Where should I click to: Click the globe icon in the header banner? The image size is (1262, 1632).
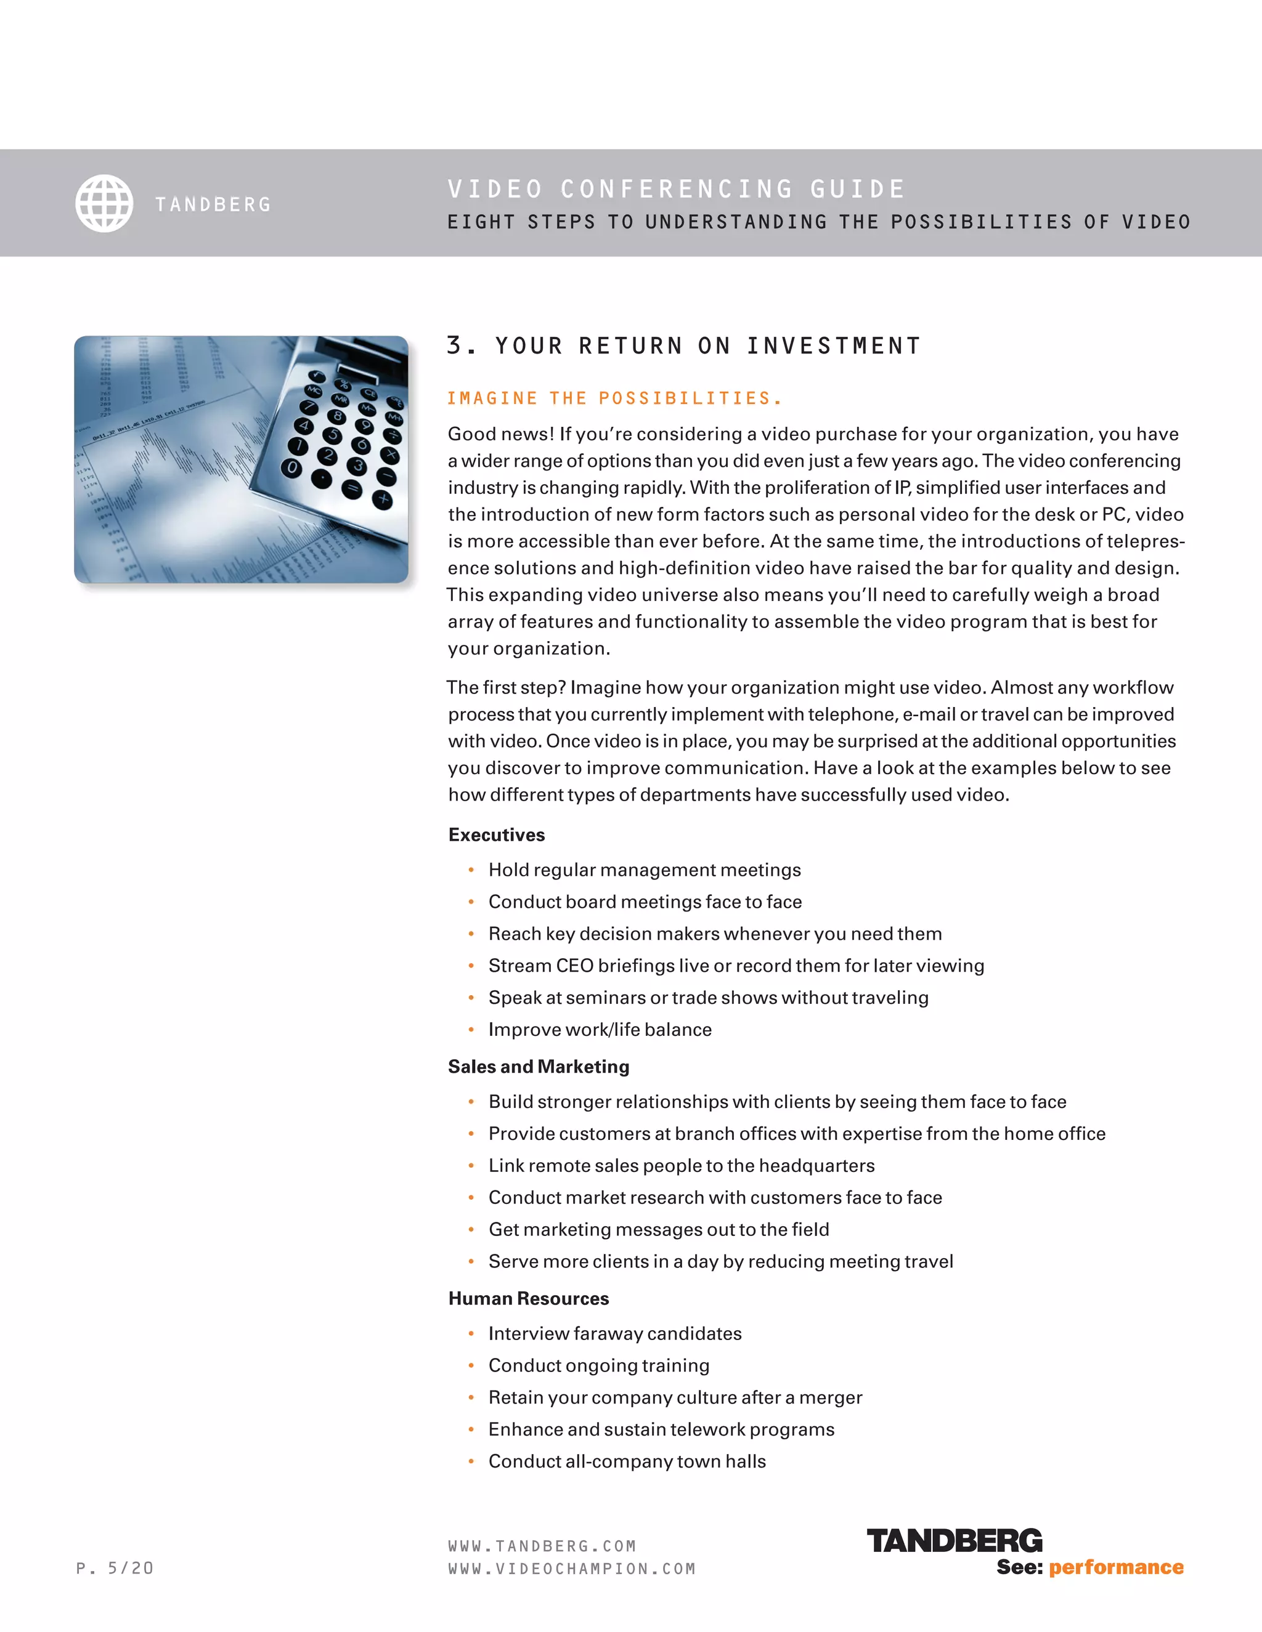[104, 203]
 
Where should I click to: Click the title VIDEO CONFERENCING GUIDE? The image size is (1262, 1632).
[676, 189]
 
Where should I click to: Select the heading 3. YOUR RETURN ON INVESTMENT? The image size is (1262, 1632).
[683, 346]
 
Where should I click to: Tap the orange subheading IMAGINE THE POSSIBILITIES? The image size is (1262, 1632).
[614, 398]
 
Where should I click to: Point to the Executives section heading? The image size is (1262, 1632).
[497, 834]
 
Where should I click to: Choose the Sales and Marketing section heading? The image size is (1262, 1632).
[539, 1066]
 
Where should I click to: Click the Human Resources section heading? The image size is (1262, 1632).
[529, 1298]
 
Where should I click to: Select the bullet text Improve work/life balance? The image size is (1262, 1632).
[600, 1030]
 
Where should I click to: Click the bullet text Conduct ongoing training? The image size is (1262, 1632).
[599, 1365]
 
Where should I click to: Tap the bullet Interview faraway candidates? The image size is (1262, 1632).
[614, 1333]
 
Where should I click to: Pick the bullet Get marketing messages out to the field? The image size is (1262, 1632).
[659, 1229]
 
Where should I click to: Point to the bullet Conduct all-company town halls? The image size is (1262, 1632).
[627, 1461]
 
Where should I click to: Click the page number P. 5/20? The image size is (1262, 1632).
[115, 1568]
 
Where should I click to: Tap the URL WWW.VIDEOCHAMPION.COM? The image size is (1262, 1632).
[572, 1569]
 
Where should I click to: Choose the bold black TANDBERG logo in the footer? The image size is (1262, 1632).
[954, 1541]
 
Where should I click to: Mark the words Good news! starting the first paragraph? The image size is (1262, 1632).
[501, 434]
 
